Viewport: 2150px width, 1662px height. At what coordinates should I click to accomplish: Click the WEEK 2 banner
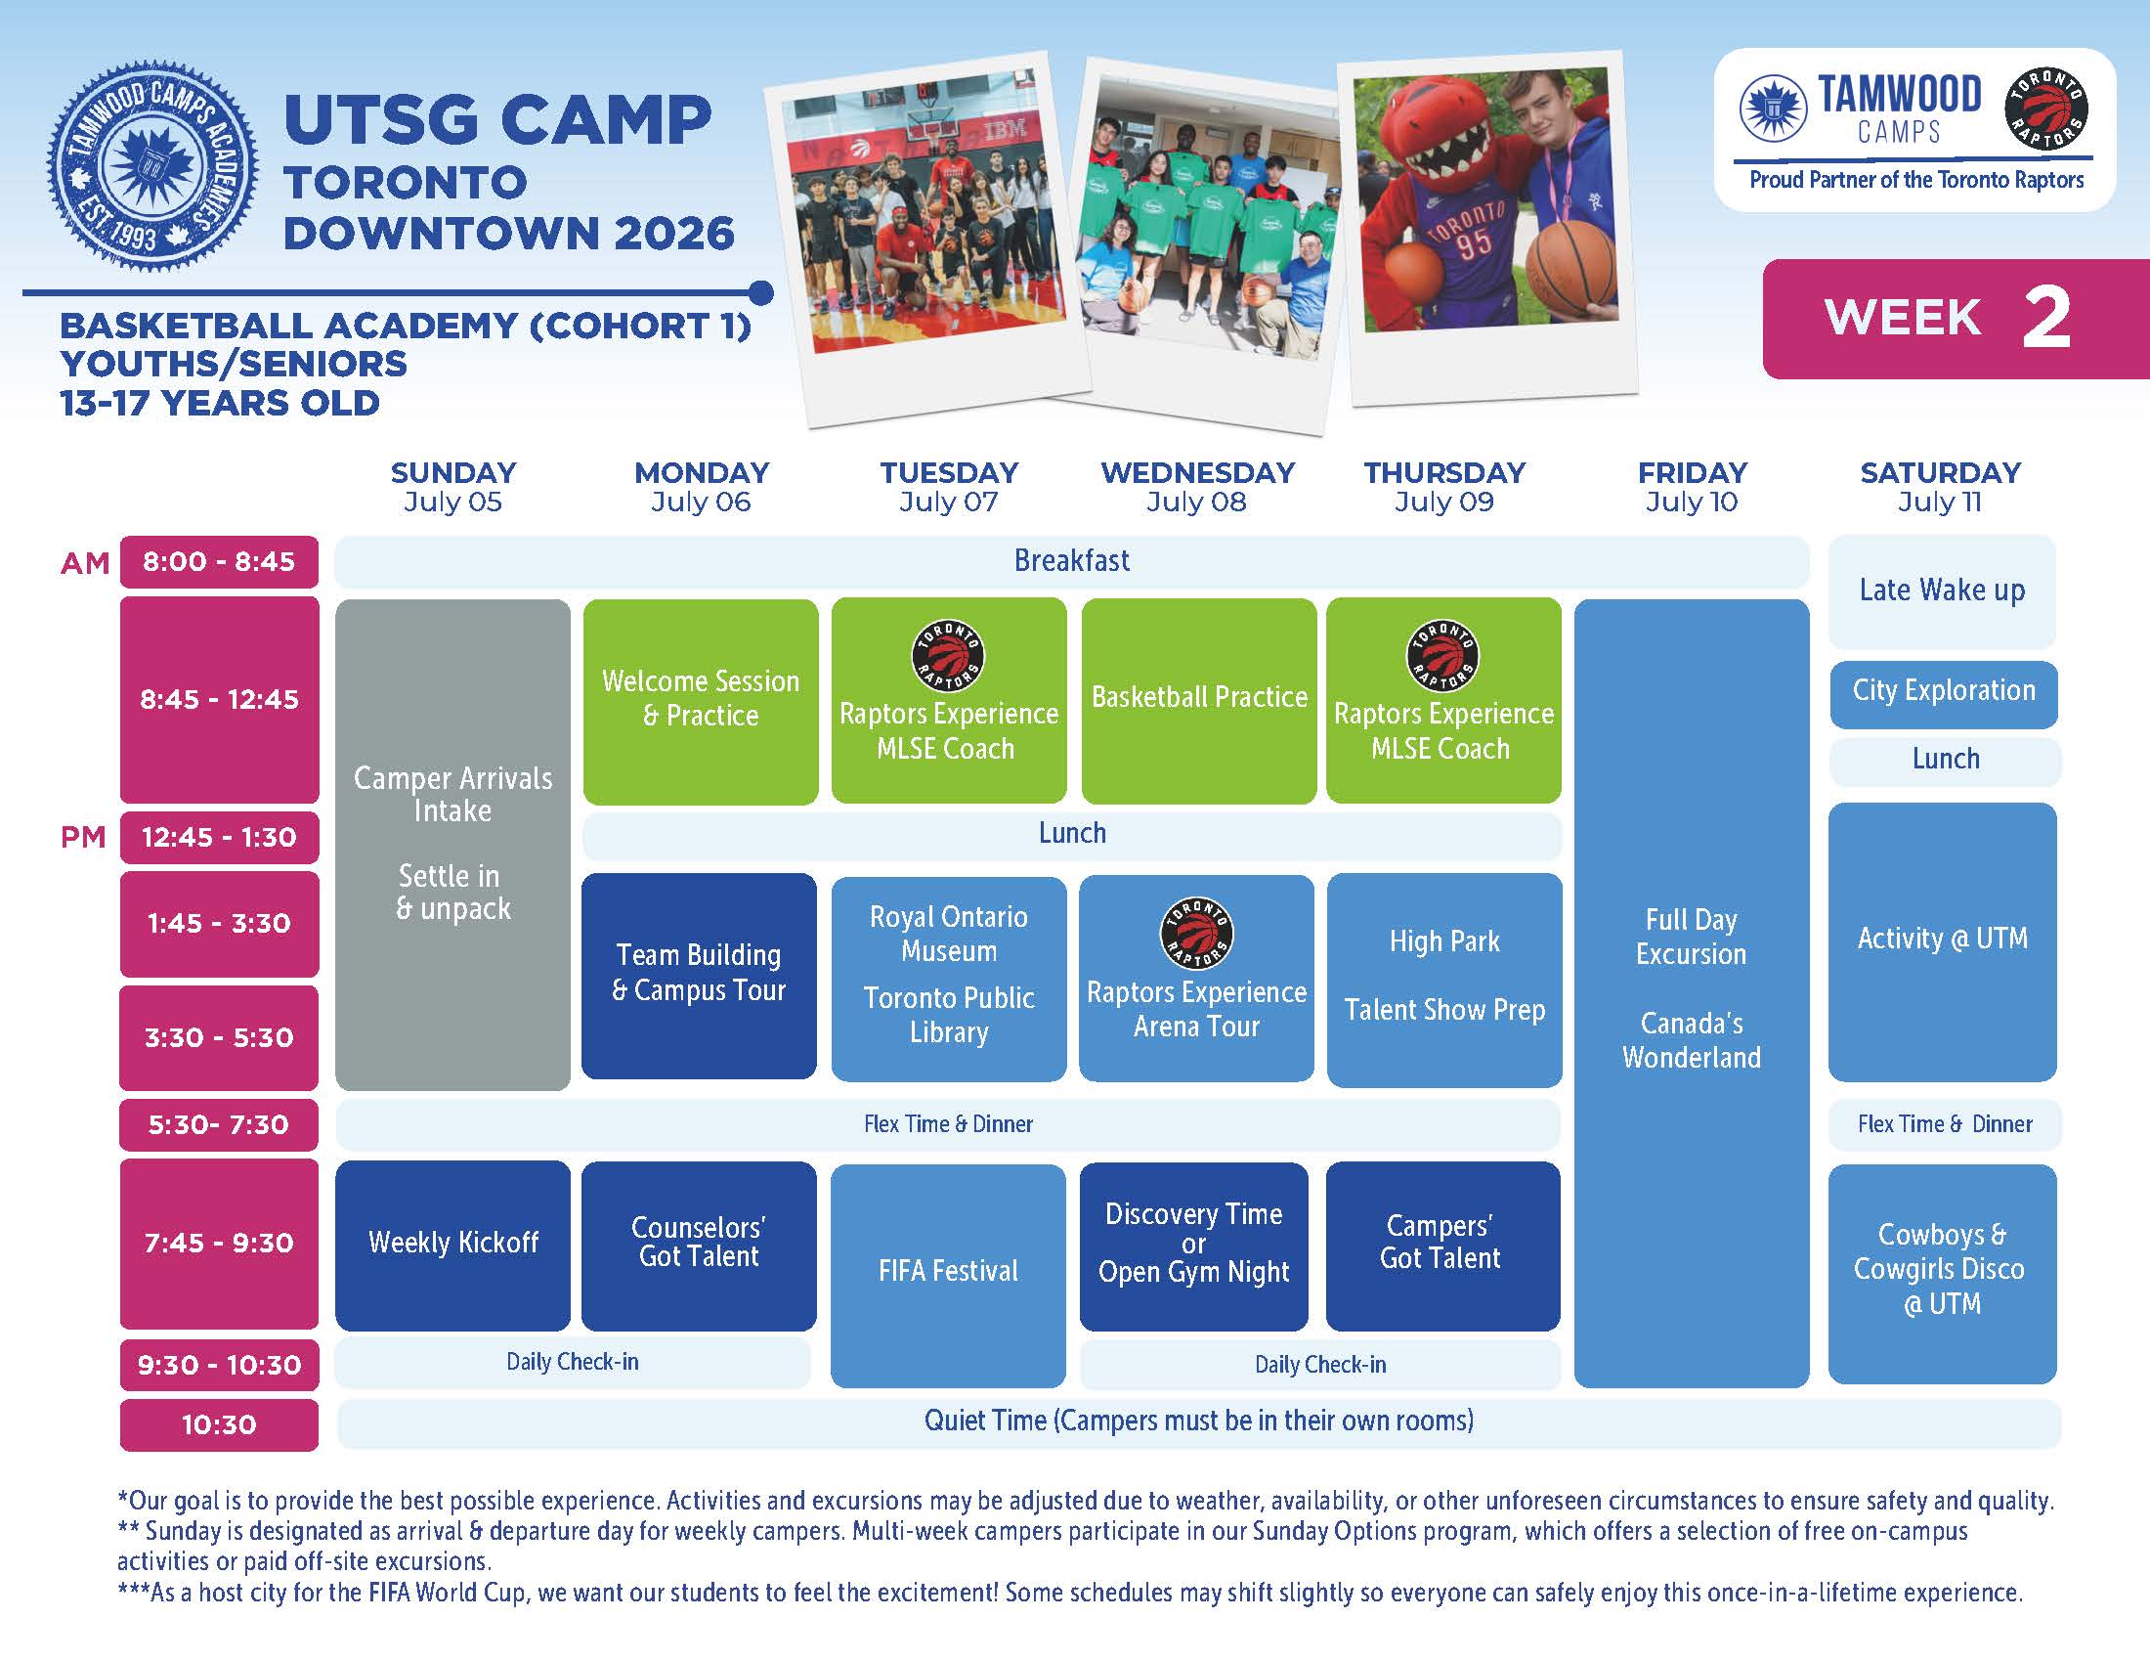click(1956, 319)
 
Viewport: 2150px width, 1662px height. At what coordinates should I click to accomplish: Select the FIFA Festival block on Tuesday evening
click(948, 1275)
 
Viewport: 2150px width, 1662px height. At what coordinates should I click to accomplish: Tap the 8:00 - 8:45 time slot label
click(219, 561)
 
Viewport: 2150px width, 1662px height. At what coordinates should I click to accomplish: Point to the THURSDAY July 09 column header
click(1444, 487)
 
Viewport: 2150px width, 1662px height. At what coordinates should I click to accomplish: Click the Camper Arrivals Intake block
click(452, 844)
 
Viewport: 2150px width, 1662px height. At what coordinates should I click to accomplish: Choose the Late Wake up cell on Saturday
click(1942, 590)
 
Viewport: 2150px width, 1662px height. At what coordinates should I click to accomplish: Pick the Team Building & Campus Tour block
click(699, 975)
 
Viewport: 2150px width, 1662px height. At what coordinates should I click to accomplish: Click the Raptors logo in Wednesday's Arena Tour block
click(1196, 934)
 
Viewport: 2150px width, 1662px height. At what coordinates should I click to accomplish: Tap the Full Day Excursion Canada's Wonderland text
click(1692, 988)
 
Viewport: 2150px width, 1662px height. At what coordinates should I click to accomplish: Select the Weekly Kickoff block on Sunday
click(452, 1246)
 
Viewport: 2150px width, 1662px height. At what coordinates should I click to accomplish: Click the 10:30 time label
click(219, 1424)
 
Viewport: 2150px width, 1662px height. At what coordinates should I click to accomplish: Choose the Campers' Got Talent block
click(1442, 1246)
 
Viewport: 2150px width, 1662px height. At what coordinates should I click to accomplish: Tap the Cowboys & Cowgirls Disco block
click(1942, 1273)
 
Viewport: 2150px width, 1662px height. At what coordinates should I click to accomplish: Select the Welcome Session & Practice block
click(701, 701)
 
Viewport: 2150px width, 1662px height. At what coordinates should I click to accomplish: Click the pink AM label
click(85, 563)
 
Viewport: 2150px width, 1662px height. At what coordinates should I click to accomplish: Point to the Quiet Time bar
click(1199, 1422)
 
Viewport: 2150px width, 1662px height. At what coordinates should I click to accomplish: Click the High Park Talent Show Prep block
click(1444, 980)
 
